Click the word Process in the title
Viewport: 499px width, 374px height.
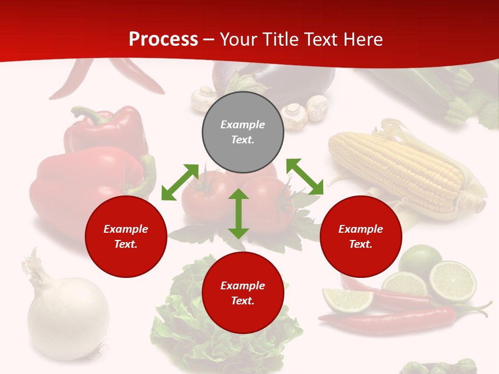[x=163, y=39]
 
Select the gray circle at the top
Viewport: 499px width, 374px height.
[x=243, y=132]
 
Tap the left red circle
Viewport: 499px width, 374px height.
[x=126, y=236]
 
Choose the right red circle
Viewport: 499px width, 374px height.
[x=361, y=236]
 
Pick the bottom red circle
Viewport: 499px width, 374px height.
[x=243, y=293]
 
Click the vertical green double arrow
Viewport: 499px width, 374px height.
[x=239, y=213]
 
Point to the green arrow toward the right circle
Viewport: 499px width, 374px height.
[x=305, y=177]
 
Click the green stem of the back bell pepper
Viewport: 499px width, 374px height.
[x=86, y=114]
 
